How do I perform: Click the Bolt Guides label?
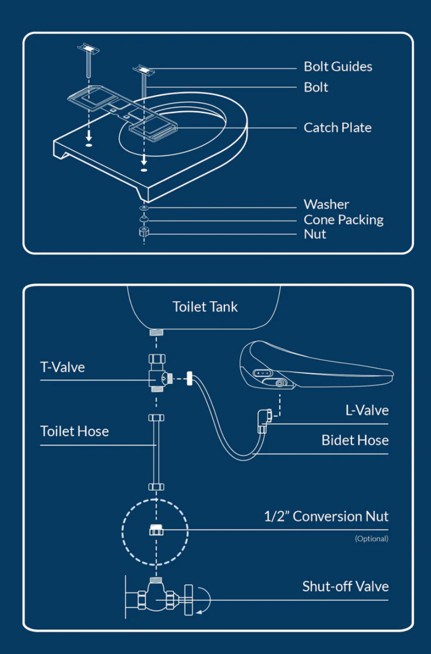pyautogui.click(x=338, y=67)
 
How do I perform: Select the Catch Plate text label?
pyautogui.click(x=337, y=127)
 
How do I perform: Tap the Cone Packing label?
pyautogui.click(x=343, y=220)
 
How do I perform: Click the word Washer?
pyautogui.click(x=326, y=205)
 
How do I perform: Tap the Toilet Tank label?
pyautogui.click(x=205, y=306)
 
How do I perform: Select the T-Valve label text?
pyautogui.click(x=62, y=367)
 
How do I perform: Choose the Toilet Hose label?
pyautogui.click(x=74, y=431)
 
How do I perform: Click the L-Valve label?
pyautogui.click(x=367, y=410)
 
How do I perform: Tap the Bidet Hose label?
pyautogui.click(x=355, y=440)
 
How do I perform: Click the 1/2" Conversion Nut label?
pyautogui.click(x=326, y=517)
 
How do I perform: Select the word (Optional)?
pyautogui.click(x=372, y=538)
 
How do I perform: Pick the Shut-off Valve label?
pyautogui.click(x=345, y=586)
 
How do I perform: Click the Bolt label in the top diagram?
pyautogui.click(x=315, y=87)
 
